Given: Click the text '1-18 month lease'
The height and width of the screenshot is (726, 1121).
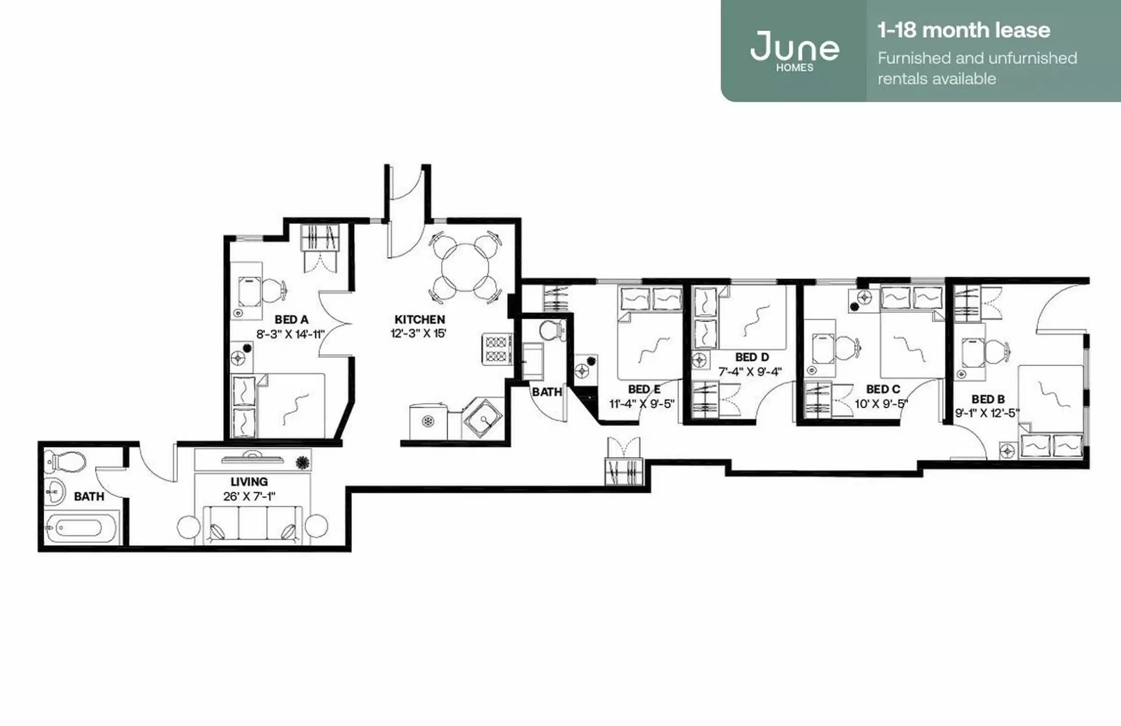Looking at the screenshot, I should coord(964,30).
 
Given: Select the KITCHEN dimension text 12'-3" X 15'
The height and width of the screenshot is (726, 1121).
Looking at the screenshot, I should coord(418,333).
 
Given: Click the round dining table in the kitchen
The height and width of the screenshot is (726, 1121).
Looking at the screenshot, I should coord(465,267).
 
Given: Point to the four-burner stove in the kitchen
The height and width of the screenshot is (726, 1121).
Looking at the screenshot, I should coord(497,349).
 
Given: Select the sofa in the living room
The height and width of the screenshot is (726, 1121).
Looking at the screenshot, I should coord(253,523).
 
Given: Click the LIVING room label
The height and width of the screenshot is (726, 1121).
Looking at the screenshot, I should coord(249,482).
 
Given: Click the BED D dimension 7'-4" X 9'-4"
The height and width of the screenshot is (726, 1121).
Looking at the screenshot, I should coord(750,372).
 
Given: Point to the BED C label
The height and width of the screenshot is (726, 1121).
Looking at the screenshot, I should coord(883,390).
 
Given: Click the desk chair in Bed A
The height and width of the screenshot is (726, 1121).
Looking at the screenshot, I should coord(274,290).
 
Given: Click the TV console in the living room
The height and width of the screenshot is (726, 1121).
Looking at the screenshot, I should coord(253,460).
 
